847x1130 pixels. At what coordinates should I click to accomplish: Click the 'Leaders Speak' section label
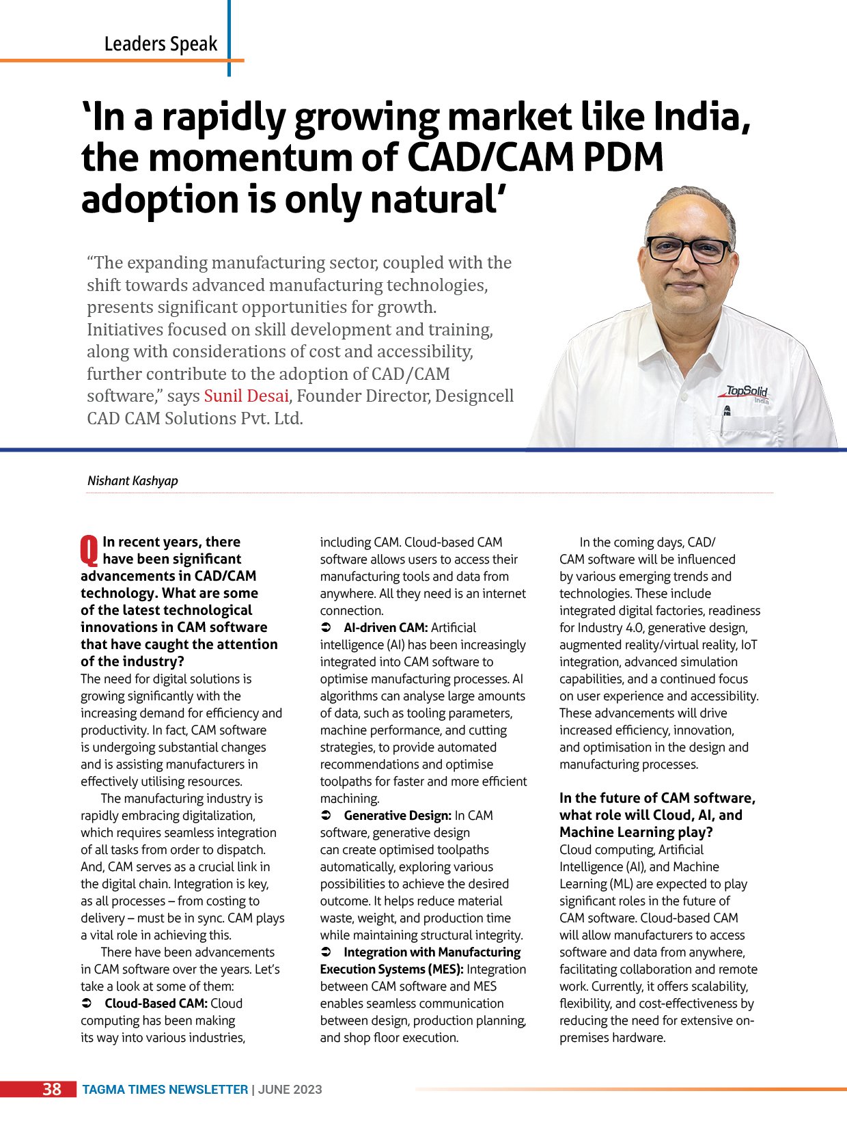(x=161, y=44)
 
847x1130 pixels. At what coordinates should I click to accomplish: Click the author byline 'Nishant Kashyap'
(x=133, y=481)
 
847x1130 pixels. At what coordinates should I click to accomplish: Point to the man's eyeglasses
(x=687, y=249)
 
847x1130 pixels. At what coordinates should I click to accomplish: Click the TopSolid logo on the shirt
(x=747, y=392)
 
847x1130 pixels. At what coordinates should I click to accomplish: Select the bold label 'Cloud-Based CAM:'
(x=156, y=1004)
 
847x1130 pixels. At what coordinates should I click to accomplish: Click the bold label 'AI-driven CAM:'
(x=385, y=628)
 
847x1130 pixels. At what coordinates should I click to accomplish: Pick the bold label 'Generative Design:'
(x=398, y=816)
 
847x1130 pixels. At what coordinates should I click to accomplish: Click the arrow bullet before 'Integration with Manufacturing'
(x=327, y=952)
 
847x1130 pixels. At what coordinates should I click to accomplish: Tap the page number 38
(x=52, y=1090)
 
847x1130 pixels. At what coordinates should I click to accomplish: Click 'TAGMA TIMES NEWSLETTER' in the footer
(x=165, y=1090)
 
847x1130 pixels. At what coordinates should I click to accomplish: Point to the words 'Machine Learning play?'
(x=636, y=833)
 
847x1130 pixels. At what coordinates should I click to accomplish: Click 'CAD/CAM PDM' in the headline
(x=536, y=158)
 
